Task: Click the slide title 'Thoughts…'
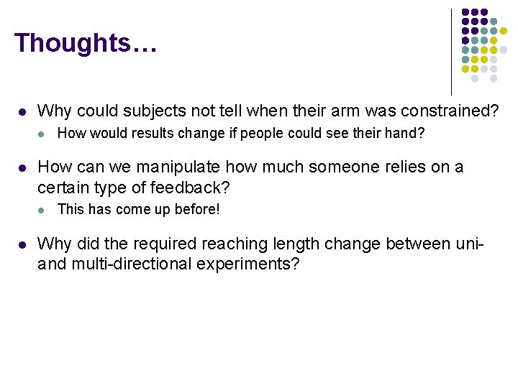tap(85, 42)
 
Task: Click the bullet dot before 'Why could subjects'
tap(22, 112)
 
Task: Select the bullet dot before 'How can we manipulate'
tap(22, 168)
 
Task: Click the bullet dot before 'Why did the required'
tap(22, 245)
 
